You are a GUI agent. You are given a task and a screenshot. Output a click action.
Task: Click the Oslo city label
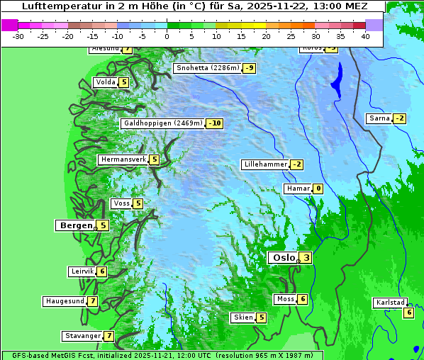coord(283,258)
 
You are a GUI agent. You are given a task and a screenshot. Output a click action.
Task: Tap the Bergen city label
coord(74,225)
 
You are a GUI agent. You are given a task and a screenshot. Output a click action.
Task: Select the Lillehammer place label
coord(265,164)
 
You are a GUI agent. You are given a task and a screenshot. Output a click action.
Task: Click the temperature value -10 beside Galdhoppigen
coord(215,123)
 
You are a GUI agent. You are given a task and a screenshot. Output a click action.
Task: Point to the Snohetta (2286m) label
coord(206,68)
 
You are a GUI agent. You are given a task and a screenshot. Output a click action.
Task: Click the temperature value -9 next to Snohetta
coord(249,68)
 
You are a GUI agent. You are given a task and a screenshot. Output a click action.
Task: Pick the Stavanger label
coord(82,336)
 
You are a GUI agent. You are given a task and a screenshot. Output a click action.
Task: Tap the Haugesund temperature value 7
coord(92,301)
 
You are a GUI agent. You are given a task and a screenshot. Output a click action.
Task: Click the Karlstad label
coord(389,303)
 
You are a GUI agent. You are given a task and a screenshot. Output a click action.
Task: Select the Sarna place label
coord(379,118)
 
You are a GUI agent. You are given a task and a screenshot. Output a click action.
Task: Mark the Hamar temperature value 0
coord(318,189)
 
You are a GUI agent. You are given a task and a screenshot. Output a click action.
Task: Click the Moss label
coord(285,299)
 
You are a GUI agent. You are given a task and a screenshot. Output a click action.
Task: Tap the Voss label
coord(121,203)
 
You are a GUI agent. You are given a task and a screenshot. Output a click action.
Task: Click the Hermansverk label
coord(123,159)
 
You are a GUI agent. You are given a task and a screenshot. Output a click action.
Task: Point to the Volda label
coord(105,82)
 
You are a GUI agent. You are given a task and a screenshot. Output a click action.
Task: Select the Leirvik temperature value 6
coord(102,271)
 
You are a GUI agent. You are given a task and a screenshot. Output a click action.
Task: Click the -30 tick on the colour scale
coord(18,35)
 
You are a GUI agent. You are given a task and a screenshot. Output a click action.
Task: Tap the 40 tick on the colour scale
coord(365,35)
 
